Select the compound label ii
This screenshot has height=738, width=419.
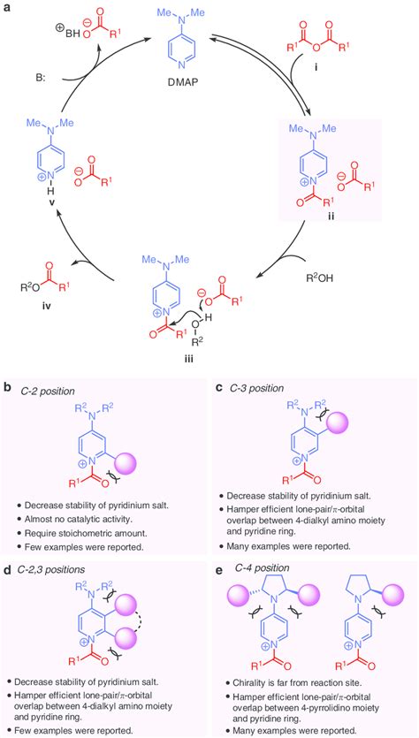356,215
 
